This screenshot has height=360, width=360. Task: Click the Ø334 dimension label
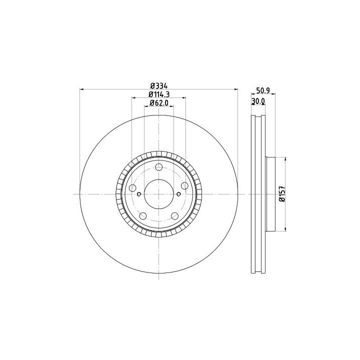(159, 86)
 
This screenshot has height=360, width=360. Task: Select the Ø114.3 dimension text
(159, 94)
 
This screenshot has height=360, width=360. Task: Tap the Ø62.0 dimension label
(159, 103)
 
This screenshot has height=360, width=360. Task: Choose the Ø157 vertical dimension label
(282, 194)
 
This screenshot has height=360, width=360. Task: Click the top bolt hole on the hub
(159, 167)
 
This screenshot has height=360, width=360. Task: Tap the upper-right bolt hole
(184, 185)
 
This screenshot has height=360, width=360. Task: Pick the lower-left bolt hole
(143, 216)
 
